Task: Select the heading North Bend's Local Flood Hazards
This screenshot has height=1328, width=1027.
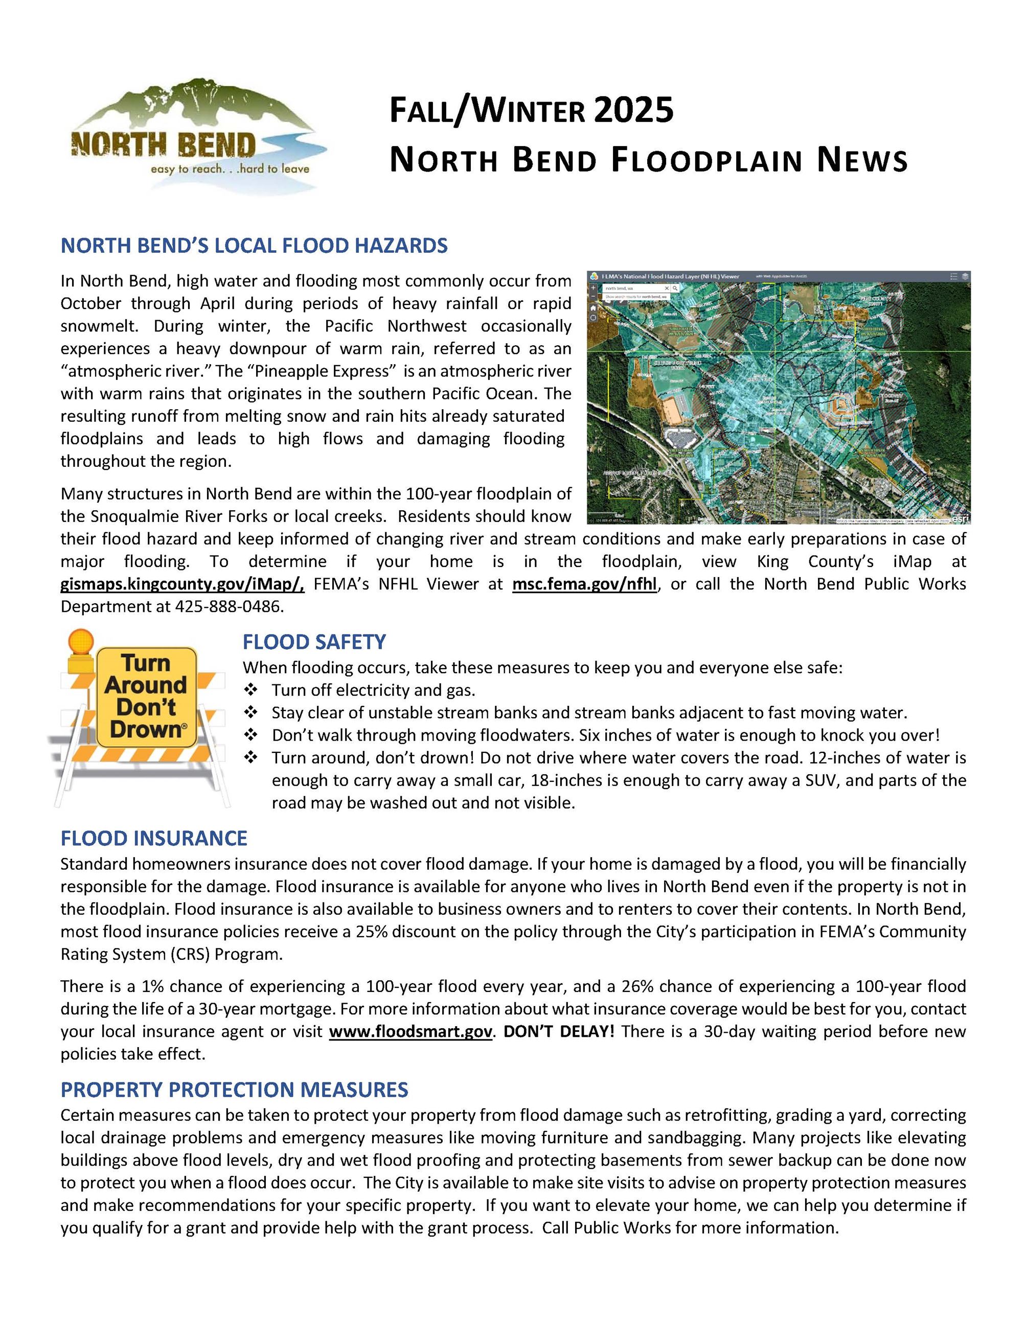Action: click(x=254, y=246)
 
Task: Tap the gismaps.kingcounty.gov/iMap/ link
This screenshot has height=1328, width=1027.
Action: click(x=182, y=584)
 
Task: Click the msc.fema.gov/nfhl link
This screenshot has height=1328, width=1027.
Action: click(x=584, y=584)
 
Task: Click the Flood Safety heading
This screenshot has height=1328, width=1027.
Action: click(x=314, y=642)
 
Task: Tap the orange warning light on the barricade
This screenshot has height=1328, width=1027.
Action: click(x=81, y=643)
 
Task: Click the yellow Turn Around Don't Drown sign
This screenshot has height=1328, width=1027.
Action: click(x=146, y=697)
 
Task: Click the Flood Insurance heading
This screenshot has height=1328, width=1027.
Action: click(x=153, y=839)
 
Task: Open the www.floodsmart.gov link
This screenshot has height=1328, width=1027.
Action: click(x=410, y=1032)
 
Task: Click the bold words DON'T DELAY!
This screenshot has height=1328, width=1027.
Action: click(x=559, y=1032)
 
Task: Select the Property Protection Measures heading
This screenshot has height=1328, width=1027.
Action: click(x=234, y=1089)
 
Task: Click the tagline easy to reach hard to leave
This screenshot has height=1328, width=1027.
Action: click(x=230, y=169)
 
